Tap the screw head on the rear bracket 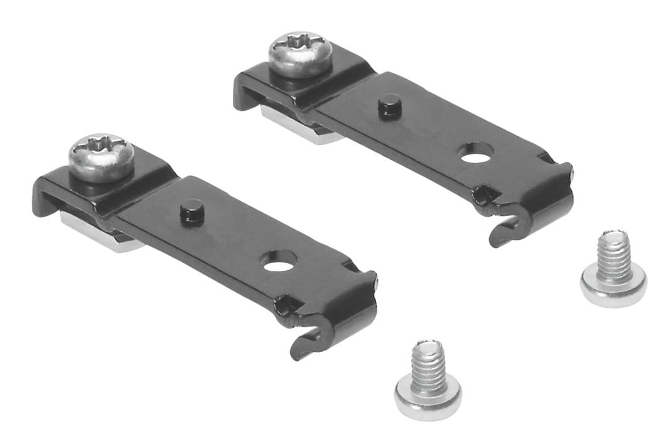tap(300, 53)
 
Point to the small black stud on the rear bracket tap(389, 106)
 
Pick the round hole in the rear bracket tap(475, 153)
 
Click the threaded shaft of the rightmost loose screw tap(613, 254)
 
